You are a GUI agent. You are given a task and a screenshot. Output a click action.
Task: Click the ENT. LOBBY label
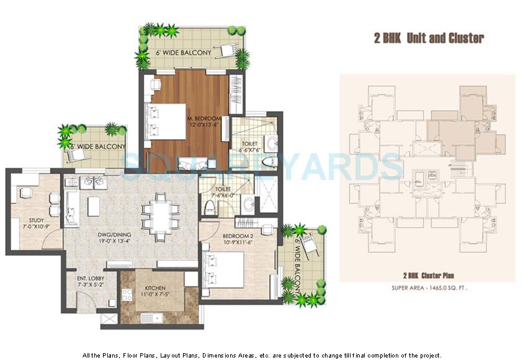(89, 286)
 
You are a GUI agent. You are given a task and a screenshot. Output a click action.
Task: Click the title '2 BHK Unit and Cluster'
(428, 38)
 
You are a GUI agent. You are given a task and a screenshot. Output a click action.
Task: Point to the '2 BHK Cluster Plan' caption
(427, 274)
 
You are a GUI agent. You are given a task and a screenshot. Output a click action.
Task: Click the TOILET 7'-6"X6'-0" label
(223, 191)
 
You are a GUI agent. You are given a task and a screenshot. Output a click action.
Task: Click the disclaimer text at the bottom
(262, 355)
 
